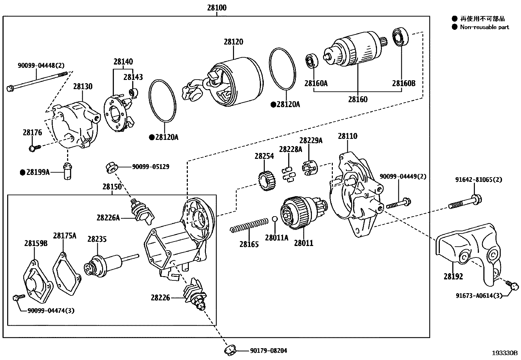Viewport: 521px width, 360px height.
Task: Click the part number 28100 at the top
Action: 216,7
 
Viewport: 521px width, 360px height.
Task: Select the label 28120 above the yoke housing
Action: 233,42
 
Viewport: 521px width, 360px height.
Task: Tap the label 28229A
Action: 311,141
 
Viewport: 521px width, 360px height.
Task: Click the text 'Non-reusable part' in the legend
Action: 484,27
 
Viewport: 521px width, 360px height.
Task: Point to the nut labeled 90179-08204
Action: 230,350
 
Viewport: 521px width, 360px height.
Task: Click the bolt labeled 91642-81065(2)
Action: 465,202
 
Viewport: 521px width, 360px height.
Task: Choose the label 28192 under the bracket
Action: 453,277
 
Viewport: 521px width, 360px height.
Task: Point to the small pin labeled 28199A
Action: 68,171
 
